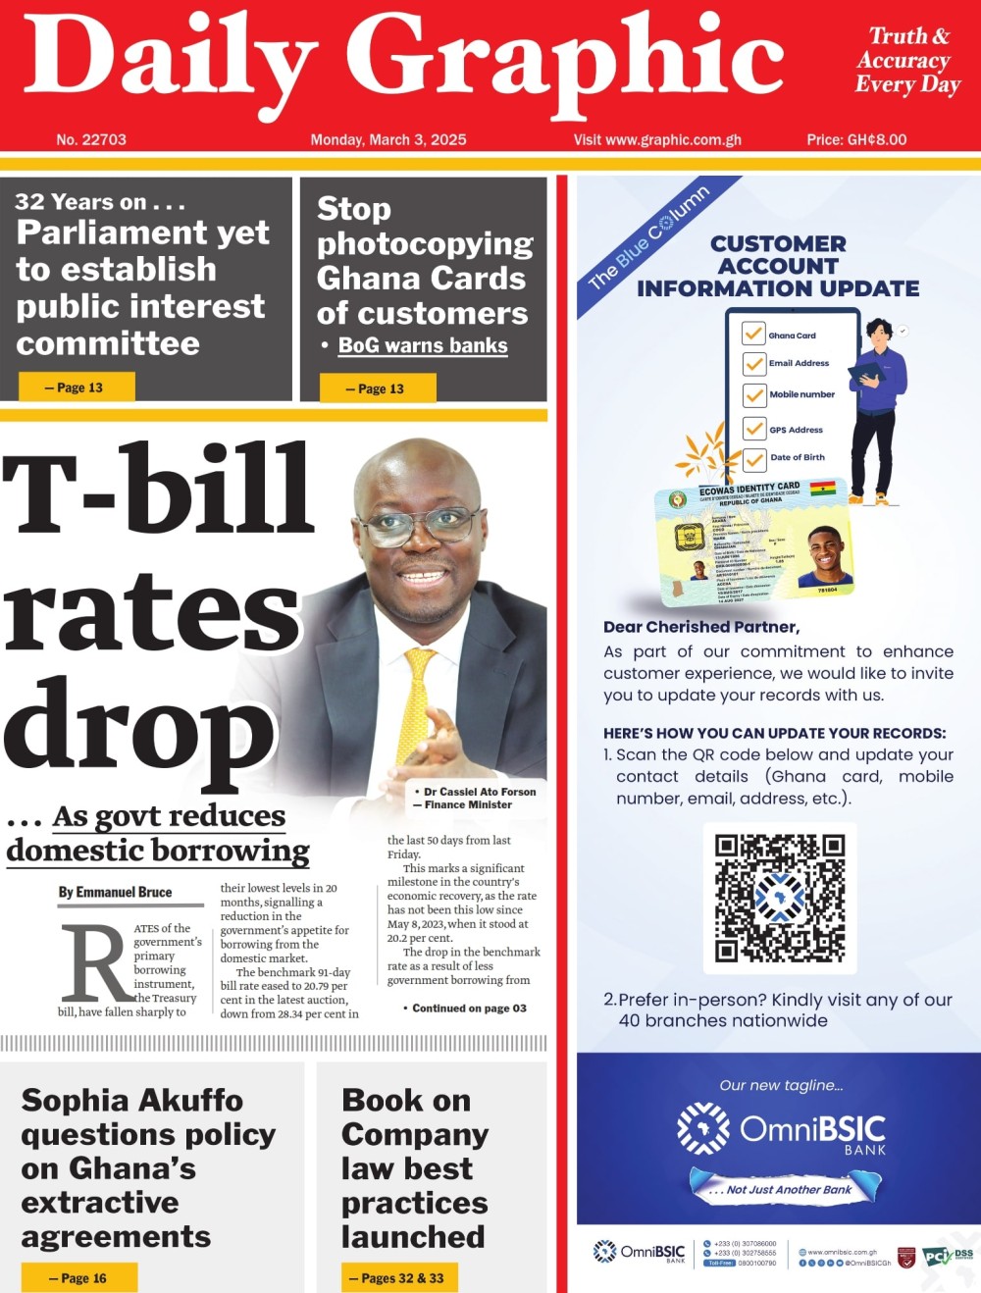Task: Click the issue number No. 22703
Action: click(91, 139)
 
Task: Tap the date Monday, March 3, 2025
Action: click(388, 139)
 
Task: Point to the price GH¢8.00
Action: click(856, 139)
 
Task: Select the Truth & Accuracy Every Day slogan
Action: click(906, 60)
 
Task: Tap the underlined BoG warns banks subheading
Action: click(423, 345)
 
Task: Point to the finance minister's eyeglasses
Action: click(422, 526)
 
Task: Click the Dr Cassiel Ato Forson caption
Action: click(476, 798)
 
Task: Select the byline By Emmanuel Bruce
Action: click(115, 892)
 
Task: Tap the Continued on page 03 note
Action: click(467, 1008)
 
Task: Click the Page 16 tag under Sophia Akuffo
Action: click(79, 1278)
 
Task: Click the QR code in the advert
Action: click(780, 898)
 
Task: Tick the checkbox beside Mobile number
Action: click(753, 394)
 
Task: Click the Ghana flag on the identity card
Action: click(821, 488)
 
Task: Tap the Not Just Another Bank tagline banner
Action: click(787, 1189)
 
